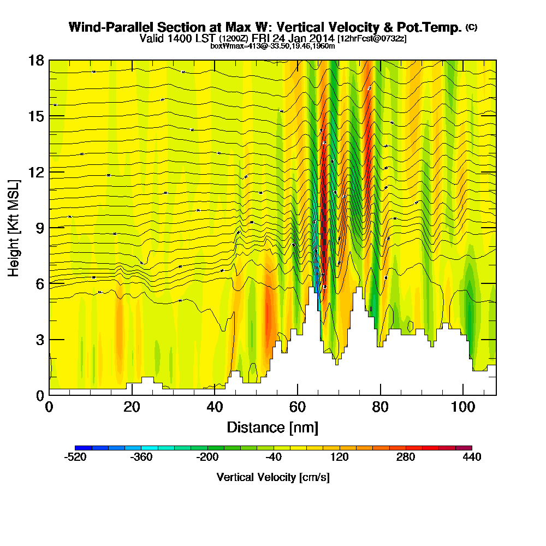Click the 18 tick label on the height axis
[x=35, y=61]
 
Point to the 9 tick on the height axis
[x=49, y=228]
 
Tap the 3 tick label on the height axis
[x=39, y=339]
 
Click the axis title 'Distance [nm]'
[x=272, y=427]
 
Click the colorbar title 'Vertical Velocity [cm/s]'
[x=273, y=477]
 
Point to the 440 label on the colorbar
[x=471, y=457]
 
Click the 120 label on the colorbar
[x=339, y=457]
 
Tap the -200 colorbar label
[x=207, y=457]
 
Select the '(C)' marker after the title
[x=471, y=27]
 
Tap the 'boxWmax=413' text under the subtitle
[x=234, y=46]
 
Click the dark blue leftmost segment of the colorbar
[x=83, y=448]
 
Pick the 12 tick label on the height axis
[x=35, y=172]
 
